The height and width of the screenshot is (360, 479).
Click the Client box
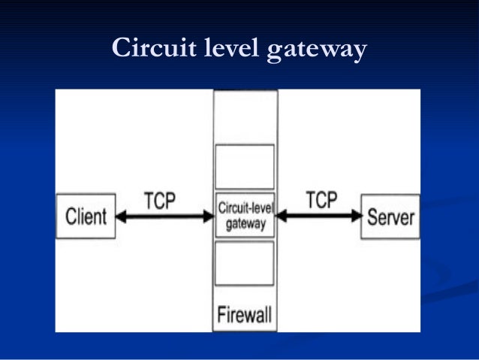[x=86, y=216]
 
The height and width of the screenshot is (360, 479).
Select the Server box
[x=390, y=216]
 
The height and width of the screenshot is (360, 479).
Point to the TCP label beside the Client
[x=160, y=201]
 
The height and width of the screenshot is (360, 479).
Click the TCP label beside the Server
[x=321, y=201]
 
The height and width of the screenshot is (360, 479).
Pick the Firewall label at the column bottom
[x=245, y=314]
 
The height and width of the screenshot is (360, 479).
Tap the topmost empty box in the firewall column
[x=245, y=115]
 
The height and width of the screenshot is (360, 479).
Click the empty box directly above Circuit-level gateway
[x=245, y=166]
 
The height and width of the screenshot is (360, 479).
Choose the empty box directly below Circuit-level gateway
[x=245, y=263]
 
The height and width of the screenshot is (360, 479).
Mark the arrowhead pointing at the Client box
[x=122, y=216]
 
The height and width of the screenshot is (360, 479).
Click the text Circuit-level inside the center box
[x=245, y=210]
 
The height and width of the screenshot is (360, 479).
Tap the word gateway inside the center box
[x=245, y=223]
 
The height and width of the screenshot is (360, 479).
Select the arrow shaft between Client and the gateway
[x=165, y=216]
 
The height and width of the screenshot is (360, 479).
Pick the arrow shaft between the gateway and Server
[x=319, y=216]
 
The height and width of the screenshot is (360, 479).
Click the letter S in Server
[x=372, y=217]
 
